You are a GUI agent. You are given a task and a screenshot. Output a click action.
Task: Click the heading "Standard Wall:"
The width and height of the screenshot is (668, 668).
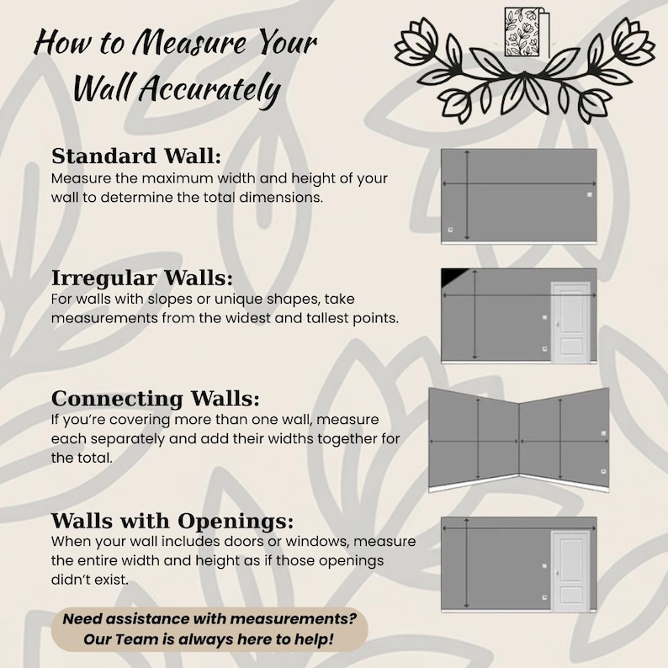tap(136, 156)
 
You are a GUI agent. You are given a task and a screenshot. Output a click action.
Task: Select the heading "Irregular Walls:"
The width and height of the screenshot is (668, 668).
tap(142, 278)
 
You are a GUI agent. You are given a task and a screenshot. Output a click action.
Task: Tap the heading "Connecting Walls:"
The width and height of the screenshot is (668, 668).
tap(156, 399)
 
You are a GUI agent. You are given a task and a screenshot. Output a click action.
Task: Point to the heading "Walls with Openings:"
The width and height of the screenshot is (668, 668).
tap(172, 521)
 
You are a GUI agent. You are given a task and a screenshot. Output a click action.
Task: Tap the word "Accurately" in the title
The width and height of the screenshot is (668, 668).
tap(209, 89)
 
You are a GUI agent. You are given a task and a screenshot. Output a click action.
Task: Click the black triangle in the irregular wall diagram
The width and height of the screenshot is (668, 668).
tap(453, 276)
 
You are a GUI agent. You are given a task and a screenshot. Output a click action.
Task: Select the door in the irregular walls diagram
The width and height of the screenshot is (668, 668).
tap(571, 322)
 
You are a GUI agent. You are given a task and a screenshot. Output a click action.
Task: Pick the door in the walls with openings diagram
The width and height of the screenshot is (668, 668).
tap(571, 571)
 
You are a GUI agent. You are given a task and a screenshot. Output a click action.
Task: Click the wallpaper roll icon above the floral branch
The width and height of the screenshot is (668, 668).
tap(527, 31)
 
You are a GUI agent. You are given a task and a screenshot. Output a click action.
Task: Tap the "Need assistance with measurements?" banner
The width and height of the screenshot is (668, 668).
tap(209, 629)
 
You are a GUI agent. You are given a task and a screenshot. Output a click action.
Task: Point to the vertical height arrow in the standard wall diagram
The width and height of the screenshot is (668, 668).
tap(467, 195)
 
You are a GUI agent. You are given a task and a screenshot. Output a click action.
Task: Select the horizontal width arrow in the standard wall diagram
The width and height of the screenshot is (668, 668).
tap(519, 183)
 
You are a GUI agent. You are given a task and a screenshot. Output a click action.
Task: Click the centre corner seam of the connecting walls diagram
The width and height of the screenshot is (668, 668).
tap(519, 439)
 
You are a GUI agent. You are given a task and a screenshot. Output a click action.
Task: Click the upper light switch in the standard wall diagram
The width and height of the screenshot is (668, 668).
tap(590, 194)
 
